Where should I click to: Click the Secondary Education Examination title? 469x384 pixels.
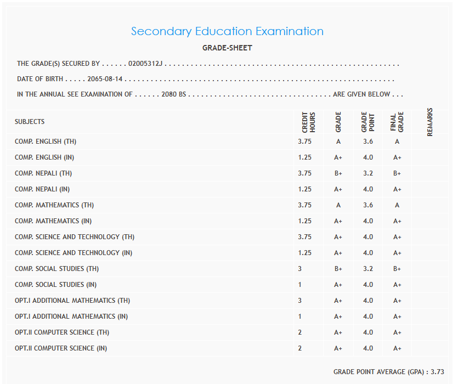coord(227,31)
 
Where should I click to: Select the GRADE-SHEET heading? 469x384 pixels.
coord(227,48)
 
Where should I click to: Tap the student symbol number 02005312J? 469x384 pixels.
coord(145,64)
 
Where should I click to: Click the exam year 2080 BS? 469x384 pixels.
coord(174,94)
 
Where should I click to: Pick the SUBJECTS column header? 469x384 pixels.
coord(30,122)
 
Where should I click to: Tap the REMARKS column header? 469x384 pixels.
coord(430,122)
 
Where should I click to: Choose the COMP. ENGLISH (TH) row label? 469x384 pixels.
coord(46,142)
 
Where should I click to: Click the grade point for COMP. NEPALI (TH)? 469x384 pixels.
coord(368,173)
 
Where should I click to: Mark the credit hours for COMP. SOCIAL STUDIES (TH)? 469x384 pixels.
coord(300,269)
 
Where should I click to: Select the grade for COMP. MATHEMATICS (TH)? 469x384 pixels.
coord(338,205)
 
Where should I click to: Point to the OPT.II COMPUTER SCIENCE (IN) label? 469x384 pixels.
coord(61,348)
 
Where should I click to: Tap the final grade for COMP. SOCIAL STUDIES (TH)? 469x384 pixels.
coord(397,269)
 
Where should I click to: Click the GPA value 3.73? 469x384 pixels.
coord(437,372)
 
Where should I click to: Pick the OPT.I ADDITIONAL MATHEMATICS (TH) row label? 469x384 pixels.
coord(72,301)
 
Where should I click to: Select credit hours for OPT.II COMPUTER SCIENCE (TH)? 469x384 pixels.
coord(300,332)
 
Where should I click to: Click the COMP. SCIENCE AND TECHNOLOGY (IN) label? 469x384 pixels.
coord(74,253)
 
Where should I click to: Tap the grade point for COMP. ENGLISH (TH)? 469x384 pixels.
coord(368,142)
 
